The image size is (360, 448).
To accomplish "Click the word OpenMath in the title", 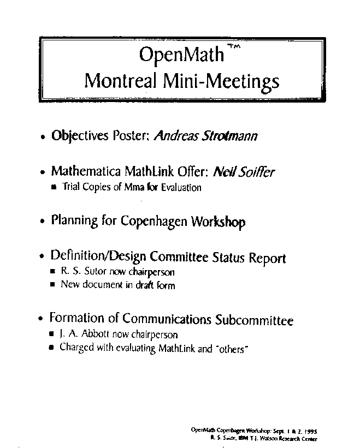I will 181,55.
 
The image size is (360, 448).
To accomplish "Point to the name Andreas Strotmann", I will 206,136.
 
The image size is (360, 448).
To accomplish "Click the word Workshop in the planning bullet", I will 218,222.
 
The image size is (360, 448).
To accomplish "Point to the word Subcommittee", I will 255,320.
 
